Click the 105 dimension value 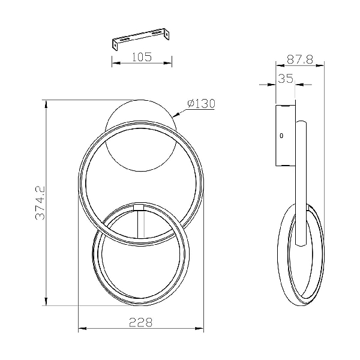pyautogui.click(x=142, y=57)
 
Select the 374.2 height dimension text pyautogui.click(x=40, y=203)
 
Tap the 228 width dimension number pyautogui.click(x=141, y=322)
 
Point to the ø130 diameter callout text pyautogui.click(x=202, y=104)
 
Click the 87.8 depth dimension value pyautogui.click(x=300, y=59)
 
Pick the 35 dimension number pyautogui.click(x=286, y=78)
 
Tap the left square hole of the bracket pyautogui.click(x=115, y=45)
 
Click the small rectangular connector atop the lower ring pyautogui.click(x=139, y=207)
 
